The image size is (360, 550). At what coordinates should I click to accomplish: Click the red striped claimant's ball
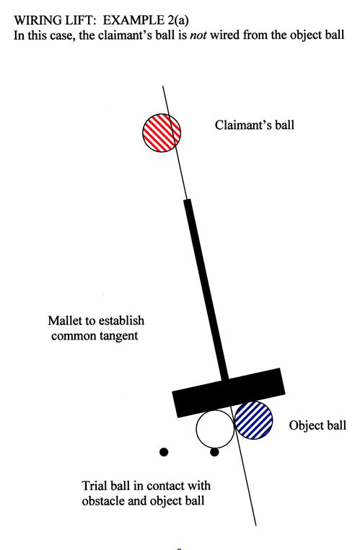coord(162,133)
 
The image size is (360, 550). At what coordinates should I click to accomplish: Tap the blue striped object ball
coord(253,420)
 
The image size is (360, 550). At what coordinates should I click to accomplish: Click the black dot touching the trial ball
coord(214,453)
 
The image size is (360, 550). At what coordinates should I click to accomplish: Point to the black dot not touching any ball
coord(164,452)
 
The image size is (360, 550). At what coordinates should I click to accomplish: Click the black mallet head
coord(229,393)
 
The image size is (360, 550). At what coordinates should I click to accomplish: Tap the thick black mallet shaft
coord(206,290)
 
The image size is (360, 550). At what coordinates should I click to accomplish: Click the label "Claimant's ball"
coord(255,125)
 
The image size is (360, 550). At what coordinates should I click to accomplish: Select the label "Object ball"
coord(317,425)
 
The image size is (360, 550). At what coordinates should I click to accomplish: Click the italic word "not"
coord(198,35)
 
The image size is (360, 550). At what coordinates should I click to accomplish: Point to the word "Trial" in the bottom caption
coord(95,486)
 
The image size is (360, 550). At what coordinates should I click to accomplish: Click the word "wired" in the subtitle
coord(225,35)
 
